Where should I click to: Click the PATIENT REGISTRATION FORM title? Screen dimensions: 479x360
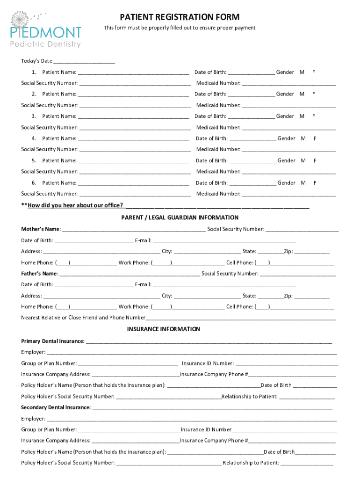pos(180,17)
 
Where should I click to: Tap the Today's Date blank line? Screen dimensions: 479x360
pos(84,61)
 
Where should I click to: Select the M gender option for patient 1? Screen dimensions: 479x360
pos(302,72)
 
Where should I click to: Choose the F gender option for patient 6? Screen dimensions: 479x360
pos(315,183)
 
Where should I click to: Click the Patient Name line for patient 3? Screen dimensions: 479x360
pos(133,116)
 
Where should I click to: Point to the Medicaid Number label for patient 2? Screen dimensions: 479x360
pos(218,105)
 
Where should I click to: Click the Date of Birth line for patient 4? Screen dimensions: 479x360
pos(252,138)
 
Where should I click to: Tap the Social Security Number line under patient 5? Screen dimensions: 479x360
pos(135,172)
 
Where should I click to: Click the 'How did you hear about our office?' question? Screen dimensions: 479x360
pos(75,205)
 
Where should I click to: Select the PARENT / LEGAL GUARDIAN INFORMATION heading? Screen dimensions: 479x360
pos(180,218)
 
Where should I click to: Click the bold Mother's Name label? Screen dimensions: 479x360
pos(40,229)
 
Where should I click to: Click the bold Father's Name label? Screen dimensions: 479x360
pos(39,274)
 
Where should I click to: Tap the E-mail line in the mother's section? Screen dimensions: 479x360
pos(224,241)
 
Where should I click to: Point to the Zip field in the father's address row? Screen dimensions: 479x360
pos(311,296)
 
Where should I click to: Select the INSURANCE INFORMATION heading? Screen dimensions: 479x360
pos(164,329)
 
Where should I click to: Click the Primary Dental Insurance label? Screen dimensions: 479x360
pos(52,341)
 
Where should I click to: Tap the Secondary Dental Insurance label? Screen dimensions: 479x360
pos(56,407)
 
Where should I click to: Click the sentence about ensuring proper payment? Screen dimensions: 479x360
pos(180,28)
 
